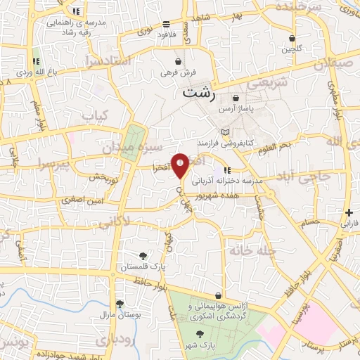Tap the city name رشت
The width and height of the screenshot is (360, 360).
199,92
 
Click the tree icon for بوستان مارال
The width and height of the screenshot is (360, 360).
120,304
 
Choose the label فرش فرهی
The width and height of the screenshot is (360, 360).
186,72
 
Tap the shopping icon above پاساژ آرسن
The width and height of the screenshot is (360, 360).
236,98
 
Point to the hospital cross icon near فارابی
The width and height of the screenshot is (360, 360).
349,212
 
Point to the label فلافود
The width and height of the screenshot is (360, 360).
166,34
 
